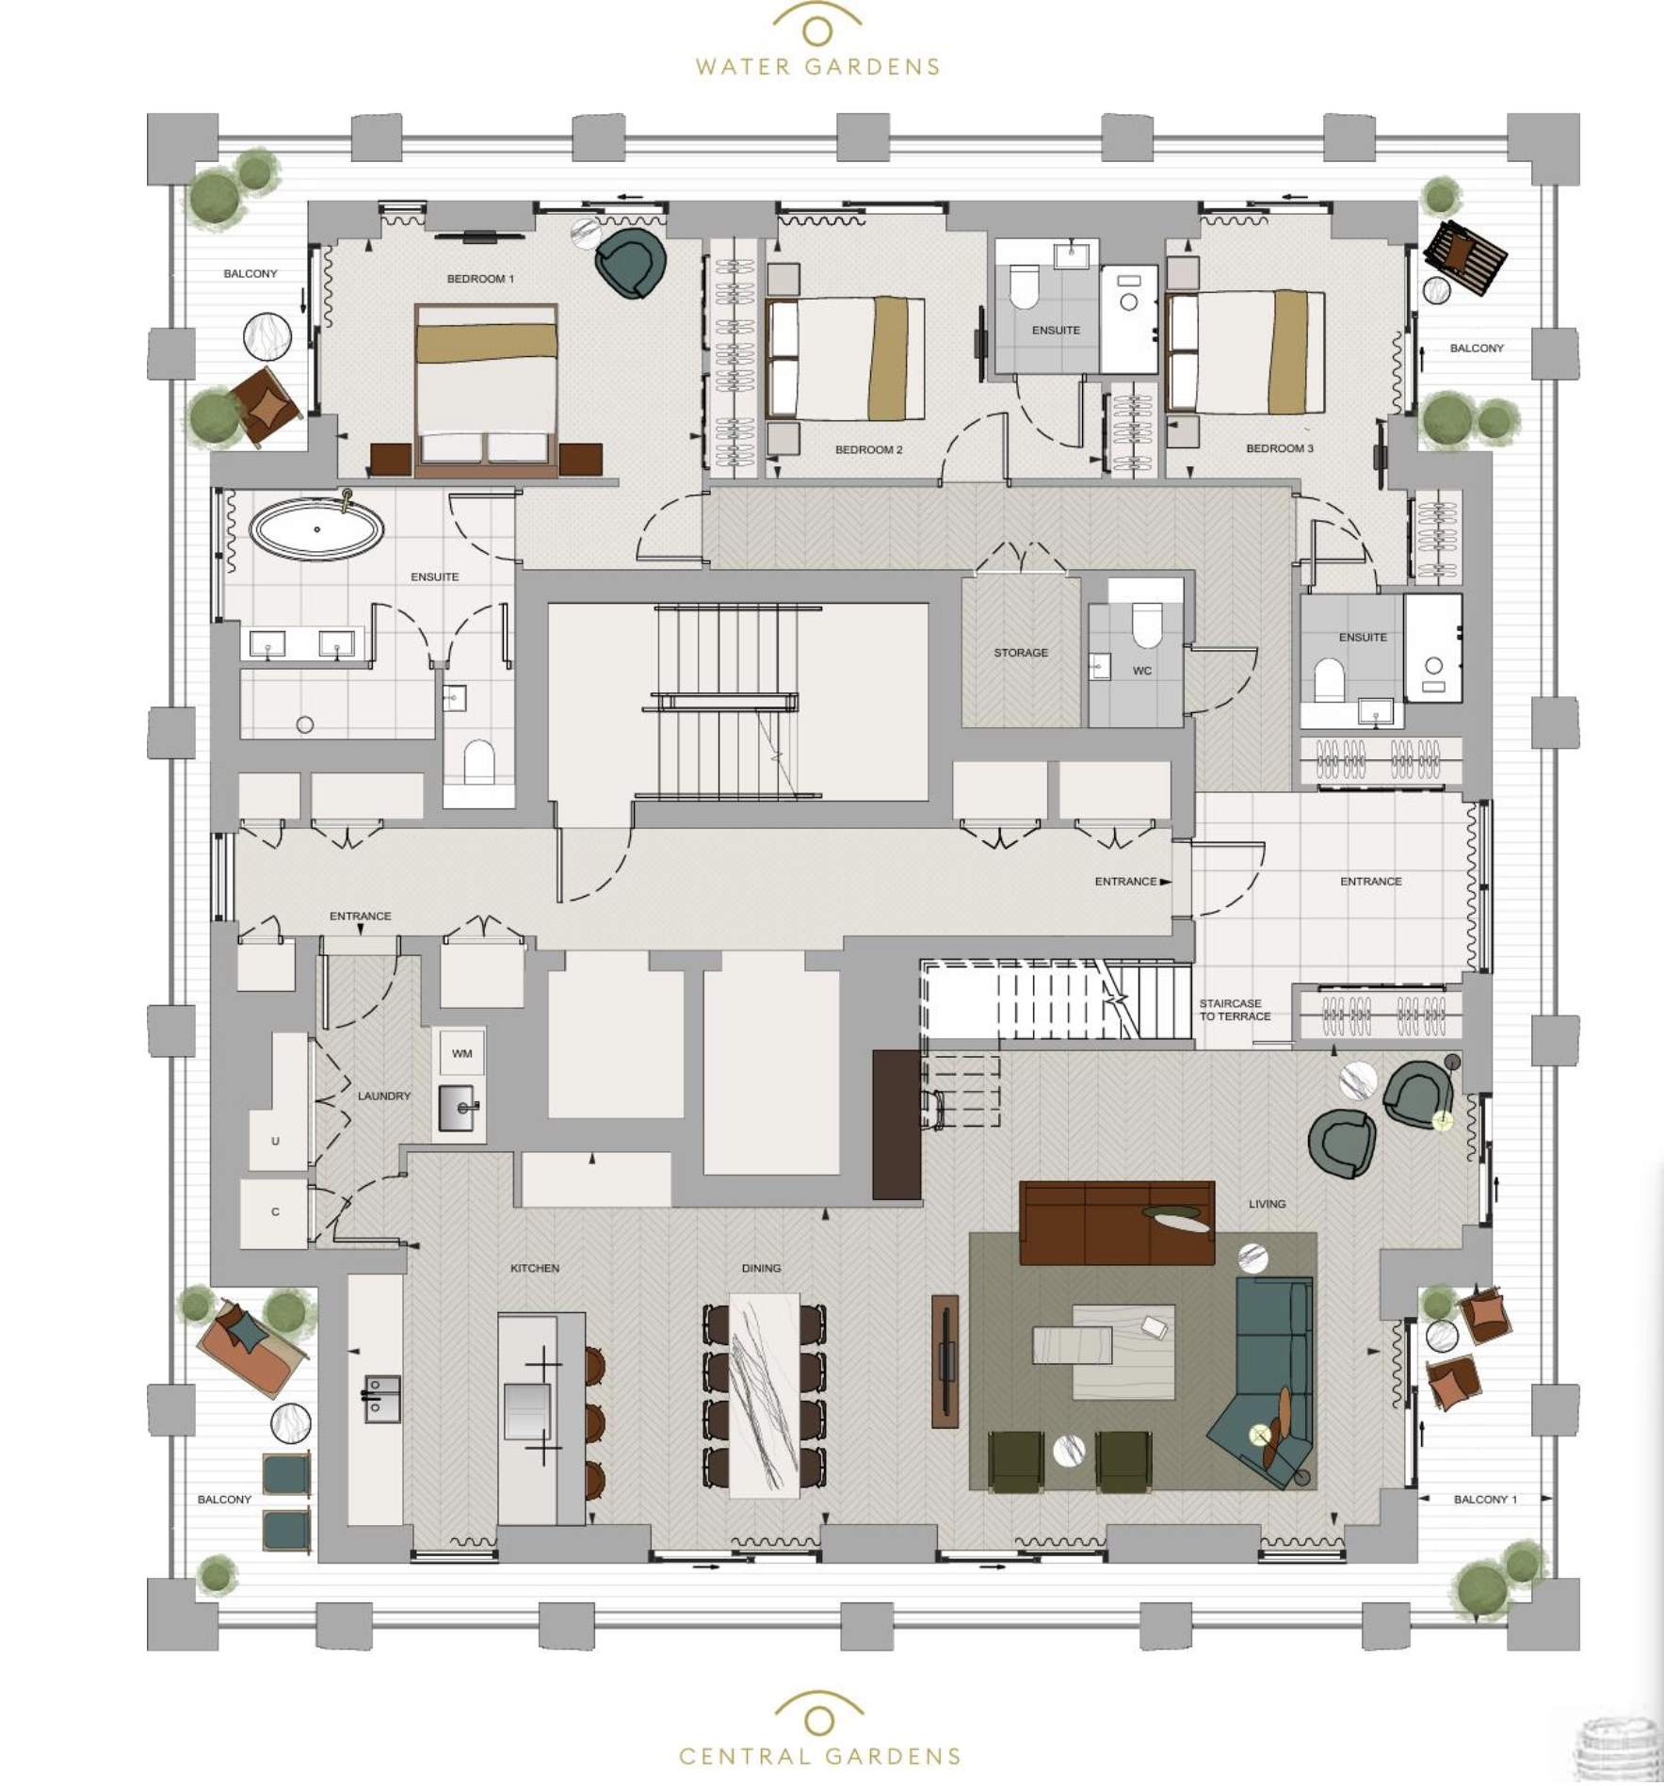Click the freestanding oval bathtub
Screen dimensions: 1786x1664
click(316, 529)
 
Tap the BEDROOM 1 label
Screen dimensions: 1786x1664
click(480, 279)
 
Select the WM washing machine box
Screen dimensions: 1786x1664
click(461, 1053)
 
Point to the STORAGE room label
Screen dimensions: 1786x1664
click(1021, 652)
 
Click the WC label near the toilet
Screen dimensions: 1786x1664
click(1141, 671)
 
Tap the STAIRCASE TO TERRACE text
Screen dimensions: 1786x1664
click(1234, 1010)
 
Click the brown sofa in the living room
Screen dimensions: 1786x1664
click(1117, 1223)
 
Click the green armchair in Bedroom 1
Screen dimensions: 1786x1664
click(631, 263)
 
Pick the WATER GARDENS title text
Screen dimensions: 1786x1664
click(817, 67)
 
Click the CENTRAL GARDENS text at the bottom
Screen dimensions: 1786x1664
click(819, 1757)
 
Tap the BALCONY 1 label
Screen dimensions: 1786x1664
click(1485, 1499)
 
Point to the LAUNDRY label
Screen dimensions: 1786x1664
click(383, 1096)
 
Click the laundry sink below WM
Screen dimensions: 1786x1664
click(460, 1107)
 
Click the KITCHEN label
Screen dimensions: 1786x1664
click(535, 1268)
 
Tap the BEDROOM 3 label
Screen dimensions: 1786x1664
click(1279, 448)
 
